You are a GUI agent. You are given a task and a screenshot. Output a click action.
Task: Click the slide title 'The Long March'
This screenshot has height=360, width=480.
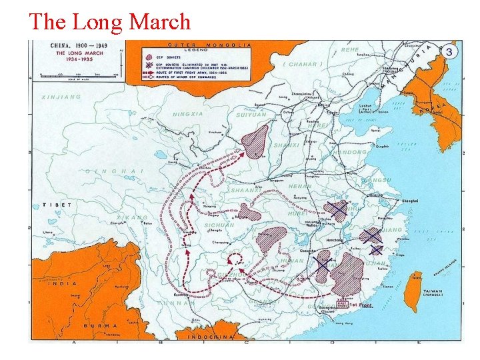(110, 22)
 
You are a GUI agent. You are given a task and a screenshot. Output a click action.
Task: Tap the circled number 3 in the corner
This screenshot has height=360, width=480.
(451, 51)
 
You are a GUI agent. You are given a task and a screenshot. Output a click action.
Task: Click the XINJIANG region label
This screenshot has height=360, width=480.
(61, 97)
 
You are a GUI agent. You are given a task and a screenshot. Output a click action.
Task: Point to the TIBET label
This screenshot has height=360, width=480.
(56, 205)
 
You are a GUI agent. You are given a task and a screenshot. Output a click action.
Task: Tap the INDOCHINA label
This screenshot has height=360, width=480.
(211, 337)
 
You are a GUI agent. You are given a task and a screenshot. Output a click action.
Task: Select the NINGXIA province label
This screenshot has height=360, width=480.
(188, 113)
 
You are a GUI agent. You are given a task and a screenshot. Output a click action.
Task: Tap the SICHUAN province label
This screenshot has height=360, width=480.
(220, 225)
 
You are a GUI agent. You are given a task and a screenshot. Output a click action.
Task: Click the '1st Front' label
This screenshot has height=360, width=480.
(360, 305)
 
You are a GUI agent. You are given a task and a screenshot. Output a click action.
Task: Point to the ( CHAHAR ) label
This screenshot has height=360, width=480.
(303, 65)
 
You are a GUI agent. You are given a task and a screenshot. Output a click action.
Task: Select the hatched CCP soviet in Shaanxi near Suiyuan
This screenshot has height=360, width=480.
(255, 141)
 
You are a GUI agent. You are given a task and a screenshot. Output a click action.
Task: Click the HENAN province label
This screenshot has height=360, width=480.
(298, 186)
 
